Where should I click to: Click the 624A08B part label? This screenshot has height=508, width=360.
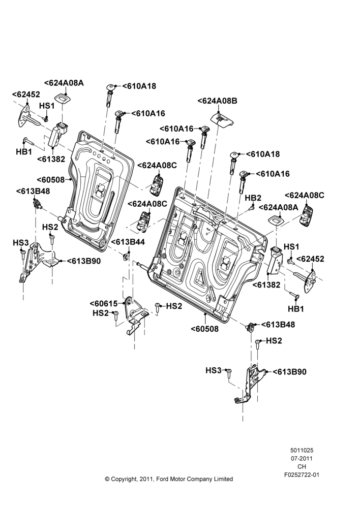pyautogui.click(x=217, y=101)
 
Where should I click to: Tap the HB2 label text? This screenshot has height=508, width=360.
pyautogui.click(x=253, y=198)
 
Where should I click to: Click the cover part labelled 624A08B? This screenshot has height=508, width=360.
pyautogui.click(x=222, y=119)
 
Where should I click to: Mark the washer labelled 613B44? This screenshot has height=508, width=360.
pyautogui.click(x=126, y=257)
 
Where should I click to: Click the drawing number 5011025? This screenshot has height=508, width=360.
pyautogui.click(x=302, y=450)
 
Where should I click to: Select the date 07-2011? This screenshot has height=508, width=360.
pyautogui.click(x=302, y=458)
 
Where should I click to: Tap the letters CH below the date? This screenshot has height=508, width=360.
pyautogui.click(x=302, y=466)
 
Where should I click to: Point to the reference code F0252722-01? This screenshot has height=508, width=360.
pyautogui.click(x=302, y=475)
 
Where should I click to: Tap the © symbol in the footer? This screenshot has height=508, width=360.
pyautogui.click(x=107, y=479)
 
